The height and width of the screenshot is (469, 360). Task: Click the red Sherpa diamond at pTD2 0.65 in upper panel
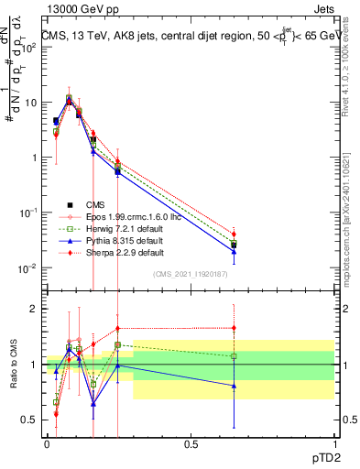(234, 234)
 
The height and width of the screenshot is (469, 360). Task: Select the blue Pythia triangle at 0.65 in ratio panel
(234, 386)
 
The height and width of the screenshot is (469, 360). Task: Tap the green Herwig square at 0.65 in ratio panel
(234, 355)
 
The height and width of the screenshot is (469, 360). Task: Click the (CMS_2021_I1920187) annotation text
(191, 273)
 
